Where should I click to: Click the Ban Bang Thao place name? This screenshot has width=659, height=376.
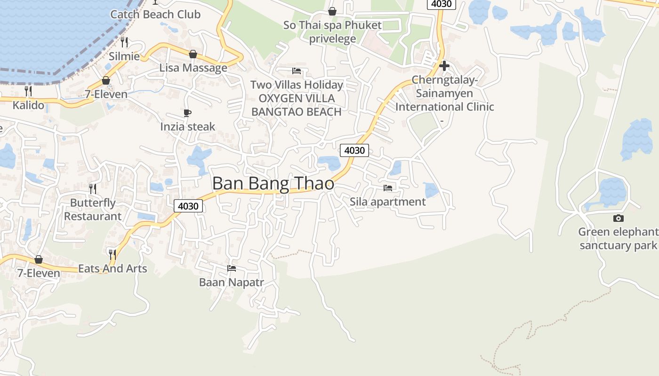coord(273,183)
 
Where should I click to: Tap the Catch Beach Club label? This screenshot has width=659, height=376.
coord(155,15)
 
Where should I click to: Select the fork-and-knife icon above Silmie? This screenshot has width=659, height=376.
coord(124,42)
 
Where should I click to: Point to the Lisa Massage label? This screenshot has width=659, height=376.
coord(193,68)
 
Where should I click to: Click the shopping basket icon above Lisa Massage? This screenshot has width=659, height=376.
coord(193,54)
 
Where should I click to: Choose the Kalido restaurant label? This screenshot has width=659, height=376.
coord(28,105)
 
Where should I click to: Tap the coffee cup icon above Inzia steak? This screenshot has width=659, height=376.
coord(187,113)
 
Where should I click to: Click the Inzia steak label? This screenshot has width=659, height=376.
coord(187,126)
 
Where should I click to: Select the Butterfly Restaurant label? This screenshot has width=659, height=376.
coord(93,210)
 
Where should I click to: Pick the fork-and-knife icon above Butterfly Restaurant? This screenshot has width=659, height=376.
coord(93,189)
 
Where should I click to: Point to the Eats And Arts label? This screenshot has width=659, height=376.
coord(113,269)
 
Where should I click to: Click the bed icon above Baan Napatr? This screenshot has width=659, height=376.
coord(231,268)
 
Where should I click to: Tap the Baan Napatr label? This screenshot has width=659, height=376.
coord(231,282)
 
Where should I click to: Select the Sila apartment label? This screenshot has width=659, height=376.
coord(387,202)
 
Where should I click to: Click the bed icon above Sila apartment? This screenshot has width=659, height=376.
coord(388,188)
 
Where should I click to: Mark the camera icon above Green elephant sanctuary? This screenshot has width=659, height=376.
coord(619,218)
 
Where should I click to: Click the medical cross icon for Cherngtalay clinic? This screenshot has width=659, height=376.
coord(444,66)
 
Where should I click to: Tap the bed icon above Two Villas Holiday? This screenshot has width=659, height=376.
coord(297,71)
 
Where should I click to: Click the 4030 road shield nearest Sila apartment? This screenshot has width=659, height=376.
coord(354,150)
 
